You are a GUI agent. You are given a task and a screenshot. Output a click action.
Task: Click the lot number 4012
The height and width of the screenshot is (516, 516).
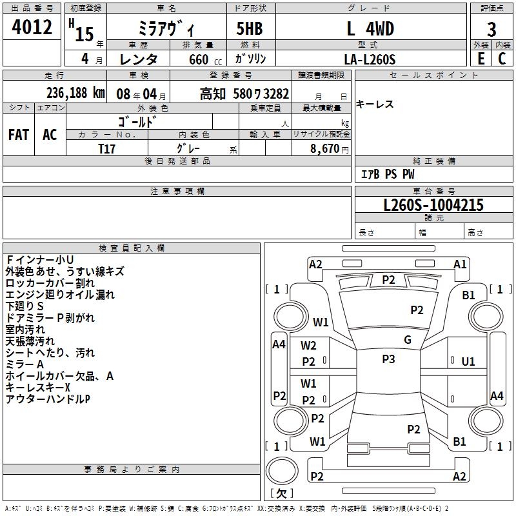(32, 28)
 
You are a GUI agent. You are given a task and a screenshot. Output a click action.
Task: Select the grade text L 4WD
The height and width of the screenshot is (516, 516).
(370, 29)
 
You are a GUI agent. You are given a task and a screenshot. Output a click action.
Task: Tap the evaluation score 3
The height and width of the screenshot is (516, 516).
(491, 29)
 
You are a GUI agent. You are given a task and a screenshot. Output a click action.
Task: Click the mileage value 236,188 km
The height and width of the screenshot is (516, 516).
(75, 92)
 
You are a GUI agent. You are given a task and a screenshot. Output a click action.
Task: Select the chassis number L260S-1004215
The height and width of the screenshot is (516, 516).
(424, 206)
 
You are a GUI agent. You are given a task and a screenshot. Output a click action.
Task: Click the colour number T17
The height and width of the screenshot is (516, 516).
(107, 148)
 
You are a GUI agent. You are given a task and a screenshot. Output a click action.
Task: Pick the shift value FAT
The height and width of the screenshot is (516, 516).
(19, 134)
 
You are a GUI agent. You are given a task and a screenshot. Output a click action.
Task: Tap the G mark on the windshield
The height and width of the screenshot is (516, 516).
(408, 340)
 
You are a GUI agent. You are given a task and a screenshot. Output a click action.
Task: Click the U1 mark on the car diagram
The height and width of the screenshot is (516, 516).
(468, 362)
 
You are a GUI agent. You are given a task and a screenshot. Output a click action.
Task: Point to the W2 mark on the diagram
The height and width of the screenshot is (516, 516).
(309, 346)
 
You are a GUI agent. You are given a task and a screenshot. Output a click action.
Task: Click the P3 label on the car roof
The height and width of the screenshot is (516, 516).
(388, 359)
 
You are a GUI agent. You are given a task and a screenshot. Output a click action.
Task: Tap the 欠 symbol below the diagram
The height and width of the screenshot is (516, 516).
(281, 493)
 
